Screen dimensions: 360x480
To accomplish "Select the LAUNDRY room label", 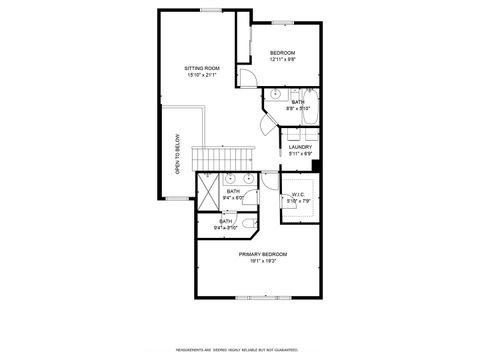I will point(301,147).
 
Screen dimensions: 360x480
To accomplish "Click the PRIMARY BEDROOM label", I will point(263,255).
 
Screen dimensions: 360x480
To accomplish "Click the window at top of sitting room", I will point(211,10).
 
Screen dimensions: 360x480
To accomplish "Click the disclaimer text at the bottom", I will point(239,350).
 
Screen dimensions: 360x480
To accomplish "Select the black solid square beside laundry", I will point(317,166).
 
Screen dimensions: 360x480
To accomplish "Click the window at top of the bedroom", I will point(283,22).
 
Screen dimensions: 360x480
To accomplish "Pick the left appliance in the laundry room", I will point(290,135).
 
